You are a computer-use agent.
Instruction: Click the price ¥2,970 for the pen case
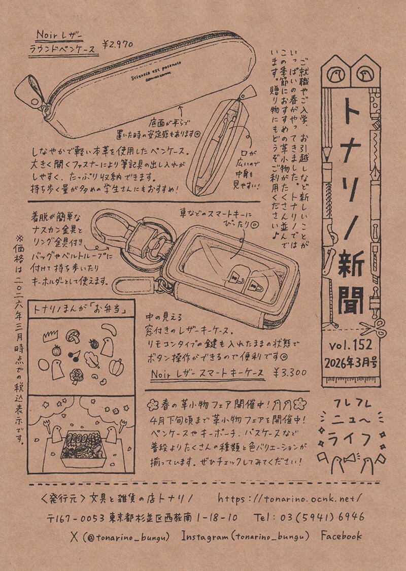118,45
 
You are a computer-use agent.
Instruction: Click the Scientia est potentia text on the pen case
152,74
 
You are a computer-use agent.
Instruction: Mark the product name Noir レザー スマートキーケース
208,373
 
